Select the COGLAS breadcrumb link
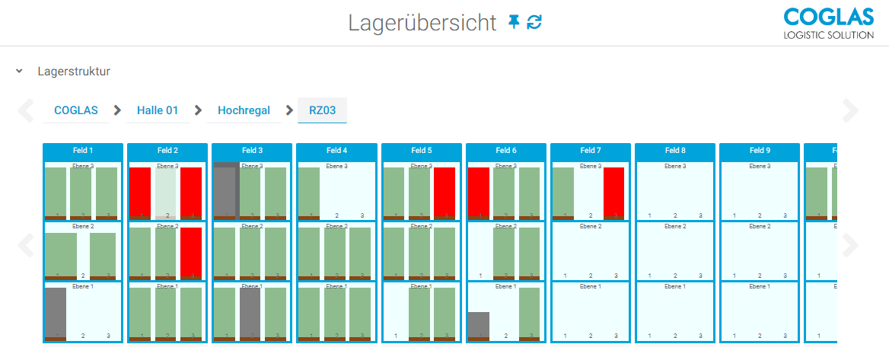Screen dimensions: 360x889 76,110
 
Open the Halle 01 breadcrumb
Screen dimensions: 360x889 158,110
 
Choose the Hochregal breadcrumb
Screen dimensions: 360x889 244,110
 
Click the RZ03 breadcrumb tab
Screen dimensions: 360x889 322,110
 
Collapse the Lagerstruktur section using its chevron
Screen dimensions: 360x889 19,72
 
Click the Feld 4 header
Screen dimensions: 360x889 336,151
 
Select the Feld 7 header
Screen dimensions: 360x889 590,151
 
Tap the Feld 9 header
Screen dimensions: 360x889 760,151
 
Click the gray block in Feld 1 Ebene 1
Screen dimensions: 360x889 56,312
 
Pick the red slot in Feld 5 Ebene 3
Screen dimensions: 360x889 444,192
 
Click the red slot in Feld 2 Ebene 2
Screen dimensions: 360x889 191,252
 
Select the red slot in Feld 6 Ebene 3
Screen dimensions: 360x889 479,192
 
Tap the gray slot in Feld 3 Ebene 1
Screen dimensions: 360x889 250,312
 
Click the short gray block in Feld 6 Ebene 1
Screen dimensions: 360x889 479,324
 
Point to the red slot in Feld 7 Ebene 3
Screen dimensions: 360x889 614,192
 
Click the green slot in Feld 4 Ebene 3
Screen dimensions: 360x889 309,192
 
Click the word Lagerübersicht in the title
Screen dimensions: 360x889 422,23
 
